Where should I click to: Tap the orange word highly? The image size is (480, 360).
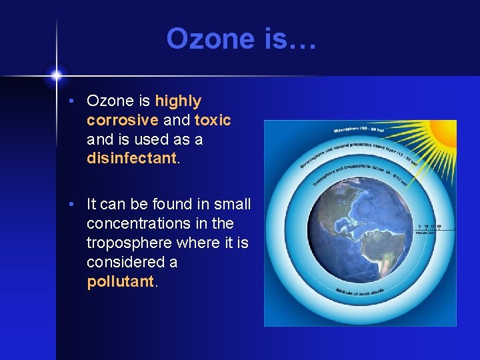178,101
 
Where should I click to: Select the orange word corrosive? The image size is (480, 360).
122,121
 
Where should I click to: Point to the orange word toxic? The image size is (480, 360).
213,121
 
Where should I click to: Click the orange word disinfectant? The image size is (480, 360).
132,159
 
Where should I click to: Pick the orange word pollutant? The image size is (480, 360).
121,281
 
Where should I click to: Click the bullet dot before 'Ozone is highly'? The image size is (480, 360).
78,102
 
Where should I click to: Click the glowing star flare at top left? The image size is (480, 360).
57,74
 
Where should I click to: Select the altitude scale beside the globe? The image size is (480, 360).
430,229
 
